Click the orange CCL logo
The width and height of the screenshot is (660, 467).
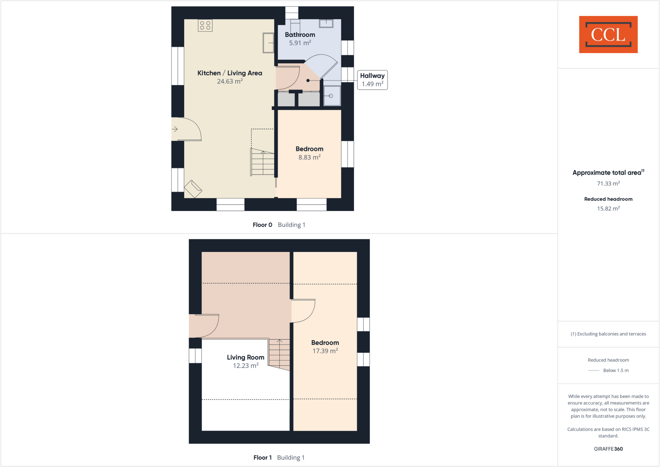pyautogui.click(x=608, y=34)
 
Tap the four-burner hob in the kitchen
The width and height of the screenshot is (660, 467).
pyautogui.click(x=205, y=25)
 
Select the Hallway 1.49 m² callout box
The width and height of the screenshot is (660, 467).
pyautogui.click(x=372, y=80)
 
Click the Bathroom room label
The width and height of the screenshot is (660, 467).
pyautogui.click(x=300, y=35)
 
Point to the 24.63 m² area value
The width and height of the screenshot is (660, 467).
pyautogui.click(x=229, y=82)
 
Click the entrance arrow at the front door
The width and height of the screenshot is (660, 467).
pyautogui.click(x=175, y=129)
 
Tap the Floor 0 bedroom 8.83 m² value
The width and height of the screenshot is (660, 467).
pyautogui.click(x=309, y=157)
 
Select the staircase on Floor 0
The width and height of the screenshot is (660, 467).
pyautogui.click(x=263, y=163)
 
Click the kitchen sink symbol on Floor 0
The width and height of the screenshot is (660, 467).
pyautogui.click(x=268, y=43)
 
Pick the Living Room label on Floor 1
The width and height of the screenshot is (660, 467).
pyautogui.click(x=245, y=357)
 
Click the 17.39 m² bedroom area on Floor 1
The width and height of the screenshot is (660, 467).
pyautogui.click(x=325, y=351)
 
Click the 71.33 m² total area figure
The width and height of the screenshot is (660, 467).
pyautogui.click(x=608, y=184)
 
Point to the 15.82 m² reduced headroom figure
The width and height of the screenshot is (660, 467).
pyautogui.click(x=608, y=209)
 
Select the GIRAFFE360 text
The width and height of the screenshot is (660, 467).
pyautogui.click(x=608, y=449)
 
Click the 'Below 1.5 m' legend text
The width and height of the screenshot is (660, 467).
pyautogui.click(x=616, y=370)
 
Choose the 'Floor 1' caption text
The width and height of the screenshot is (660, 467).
pyautogui.click(x=262, y=457)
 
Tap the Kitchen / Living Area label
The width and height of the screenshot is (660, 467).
pyautogui.click(x=229, y=73)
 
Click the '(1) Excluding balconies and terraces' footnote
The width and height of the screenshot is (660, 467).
pyautogui.click(x=608, y=334)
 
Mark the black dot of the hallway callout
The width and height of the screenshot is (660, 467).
pyautogui.click(x=308, y=81)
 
